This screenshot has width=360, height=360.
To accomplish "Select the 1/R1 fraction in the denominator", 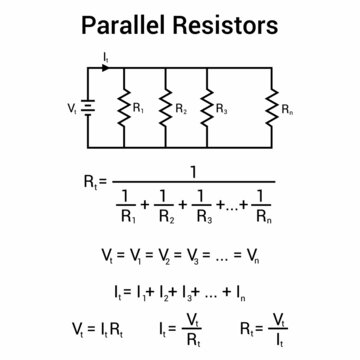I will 126,203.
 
